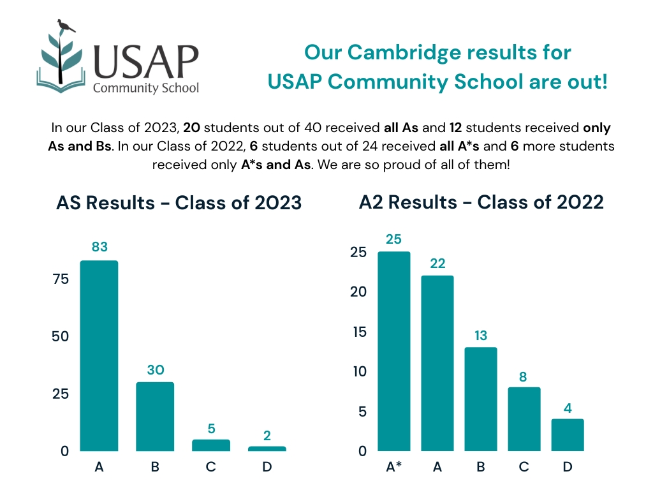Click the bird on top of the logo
click(x=65, y=26)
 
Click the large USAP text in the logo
click(x=146, y=61)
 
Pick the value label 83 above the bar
click(x=99, y=247)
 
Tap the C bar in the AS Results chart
click(x=211, y=445)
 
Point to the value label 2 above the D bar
click(x=267, y=436)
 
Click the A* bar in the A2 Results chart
click(x=394, y=351)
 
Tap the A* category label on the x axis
click(x=394, y=467)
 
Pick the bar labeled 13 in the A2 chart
click(x=481, y=399)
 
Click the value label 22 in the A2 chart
click(x=437, y=263)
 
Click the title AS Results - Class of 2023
click(x=179, y=203)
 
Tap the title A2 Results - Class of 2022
click(x=481, y=202)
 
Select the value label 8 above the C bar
click(x=524, y=376)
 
